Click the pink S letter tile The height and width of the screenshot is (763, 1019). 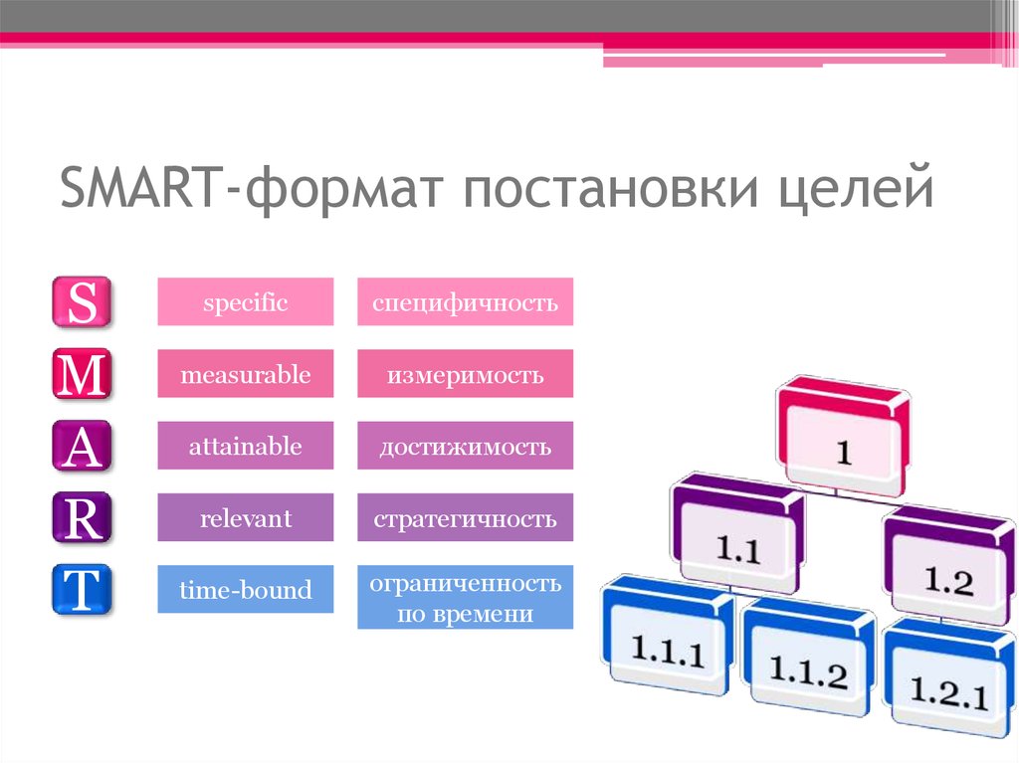tap(82, 301)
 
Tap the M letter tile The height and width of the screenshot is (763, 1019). tap(82, 374)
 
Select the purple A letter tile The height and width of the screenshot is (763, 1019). tap(82, 446)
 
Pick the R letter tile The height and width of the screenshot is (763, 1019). tap(82, 518)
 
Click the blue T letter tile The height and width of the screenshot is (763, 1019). tap(82, 590)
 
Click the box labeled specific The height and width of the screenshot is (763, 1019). tap(246, 301)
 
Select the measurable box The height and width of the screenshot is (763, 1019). tap(246, 374)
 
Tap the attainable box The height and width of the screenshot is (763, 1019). tap(246, 446)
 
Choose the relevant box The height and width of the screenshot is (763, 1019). tap(246, 517)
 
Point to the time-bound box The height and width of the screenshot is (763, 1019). tap(246, 589)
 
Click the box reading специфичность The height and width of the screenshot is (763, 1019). tap(466, 301)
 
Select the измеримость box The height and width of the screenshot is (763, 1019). tap(466, 374)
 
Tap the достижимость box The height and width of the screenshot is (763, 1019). tap(466, 446)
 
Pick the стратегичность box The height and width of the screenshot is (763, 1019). tap(466, 517)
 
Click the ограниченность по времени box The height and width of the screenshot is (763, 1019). tap(466, 597)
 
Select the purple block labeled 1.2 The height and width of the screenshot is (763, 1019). tap(948, 565)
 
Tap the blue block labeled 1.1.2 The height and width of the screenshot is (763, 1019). tap(808, 657)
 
